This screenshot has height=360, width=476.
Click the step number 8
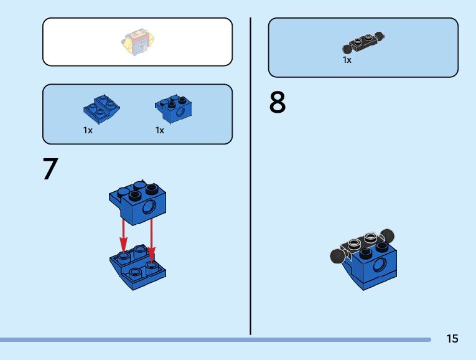click(x=278, y=103)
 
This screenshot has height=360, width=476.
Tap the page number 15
click(x=452, y=339)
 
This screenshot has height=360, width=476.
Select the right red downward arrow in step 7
click(x=151, y=240)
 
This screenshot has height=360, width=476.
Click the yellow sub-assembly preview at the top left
click(x=138, y=41)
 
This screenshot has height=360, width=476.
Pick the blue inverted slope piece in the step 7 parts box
click(x=101, y=109)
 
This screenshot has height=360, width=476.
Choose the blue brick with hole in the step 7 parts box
click(x=174, y=109)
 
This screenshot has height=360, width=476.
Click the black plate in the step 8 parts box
click(x=363, y=42)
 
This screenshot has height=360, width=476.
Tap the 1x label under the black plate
click(x=347, y=60)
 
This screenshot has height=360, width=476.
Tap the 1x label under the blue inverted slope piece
click(x=88, y=131)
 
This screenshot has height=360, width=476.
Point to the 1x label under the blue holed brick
click(x=160, y=131)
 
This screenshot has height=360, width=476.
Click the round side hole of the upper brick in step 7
click(x=149, y=207)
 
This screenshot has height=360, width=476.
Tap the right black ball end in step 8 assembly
click(x=389, y=235)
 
